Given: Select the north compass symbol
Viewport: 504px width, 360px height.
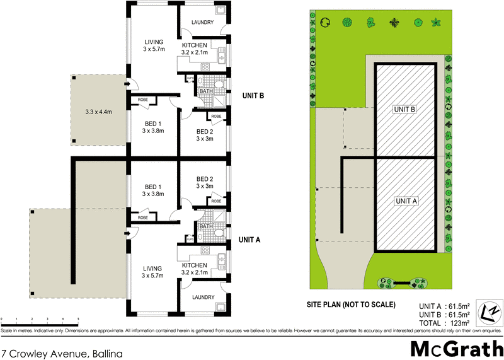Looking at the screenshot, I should (490, 312).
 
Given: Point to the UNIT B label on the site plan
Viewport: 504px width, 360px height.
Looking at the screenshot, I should (405, 109).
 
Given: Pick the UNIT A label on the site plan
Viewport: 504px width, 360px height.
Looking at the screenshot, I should (406, 201).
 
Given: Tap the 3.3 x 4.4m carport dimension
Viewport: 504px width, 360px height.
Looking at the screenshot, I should (98, 112).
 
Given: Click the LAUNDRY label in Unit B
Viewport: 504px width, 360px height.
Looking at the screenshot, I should (202, 23).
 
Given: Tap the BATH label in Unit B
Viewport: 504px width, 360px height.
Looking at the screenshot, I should (206, 91).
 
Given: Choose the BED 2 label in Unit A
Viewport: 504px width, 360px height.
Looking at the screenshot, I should (205, 182).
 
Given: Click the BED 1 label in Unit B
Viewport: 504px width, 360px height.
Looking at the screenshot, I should (153, 127).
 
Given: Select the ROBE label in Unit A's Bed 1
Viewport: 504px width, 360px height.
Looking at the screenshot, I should (142, 218).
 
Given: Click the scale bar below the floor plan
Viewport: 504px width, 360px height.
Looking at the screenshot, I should (40, 320).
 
